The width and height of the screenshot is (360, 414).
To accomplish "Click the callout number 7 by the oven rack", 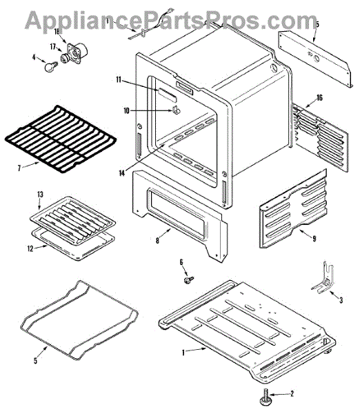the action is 19,168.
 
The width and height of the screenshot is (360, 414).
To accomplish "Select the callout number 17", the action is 53,47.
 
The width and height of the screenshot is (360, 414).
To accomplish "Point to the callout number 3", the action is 341,300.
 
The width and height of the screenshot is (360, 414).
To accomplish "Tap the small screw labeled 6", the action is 189,279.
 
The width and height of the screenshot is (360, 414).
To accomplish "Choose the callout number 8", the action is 157,241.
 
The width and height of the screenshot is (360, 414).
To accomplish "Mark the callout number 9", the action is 314,239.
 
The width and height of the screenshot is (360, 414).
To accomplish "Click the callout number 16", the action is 319,98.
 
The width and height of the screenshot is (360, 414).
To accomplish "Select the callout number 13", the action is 40,195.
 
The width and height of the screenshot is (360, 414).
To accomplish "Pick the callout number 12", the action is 30,248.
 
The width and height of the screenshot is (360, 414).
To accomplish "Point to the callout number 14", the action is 121,173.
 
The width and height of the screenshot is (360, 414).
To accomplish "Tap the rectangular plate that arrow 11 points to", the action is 167,95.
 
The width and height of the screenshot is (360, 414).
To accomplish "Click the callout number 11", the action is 119,79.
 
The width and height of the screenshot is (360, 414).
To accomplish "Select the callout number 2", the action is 292,394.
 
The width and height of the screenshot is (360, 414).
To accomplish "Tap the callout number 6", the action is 181,262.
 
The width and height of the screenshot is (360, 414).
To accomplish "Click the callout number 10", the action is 127,110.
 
